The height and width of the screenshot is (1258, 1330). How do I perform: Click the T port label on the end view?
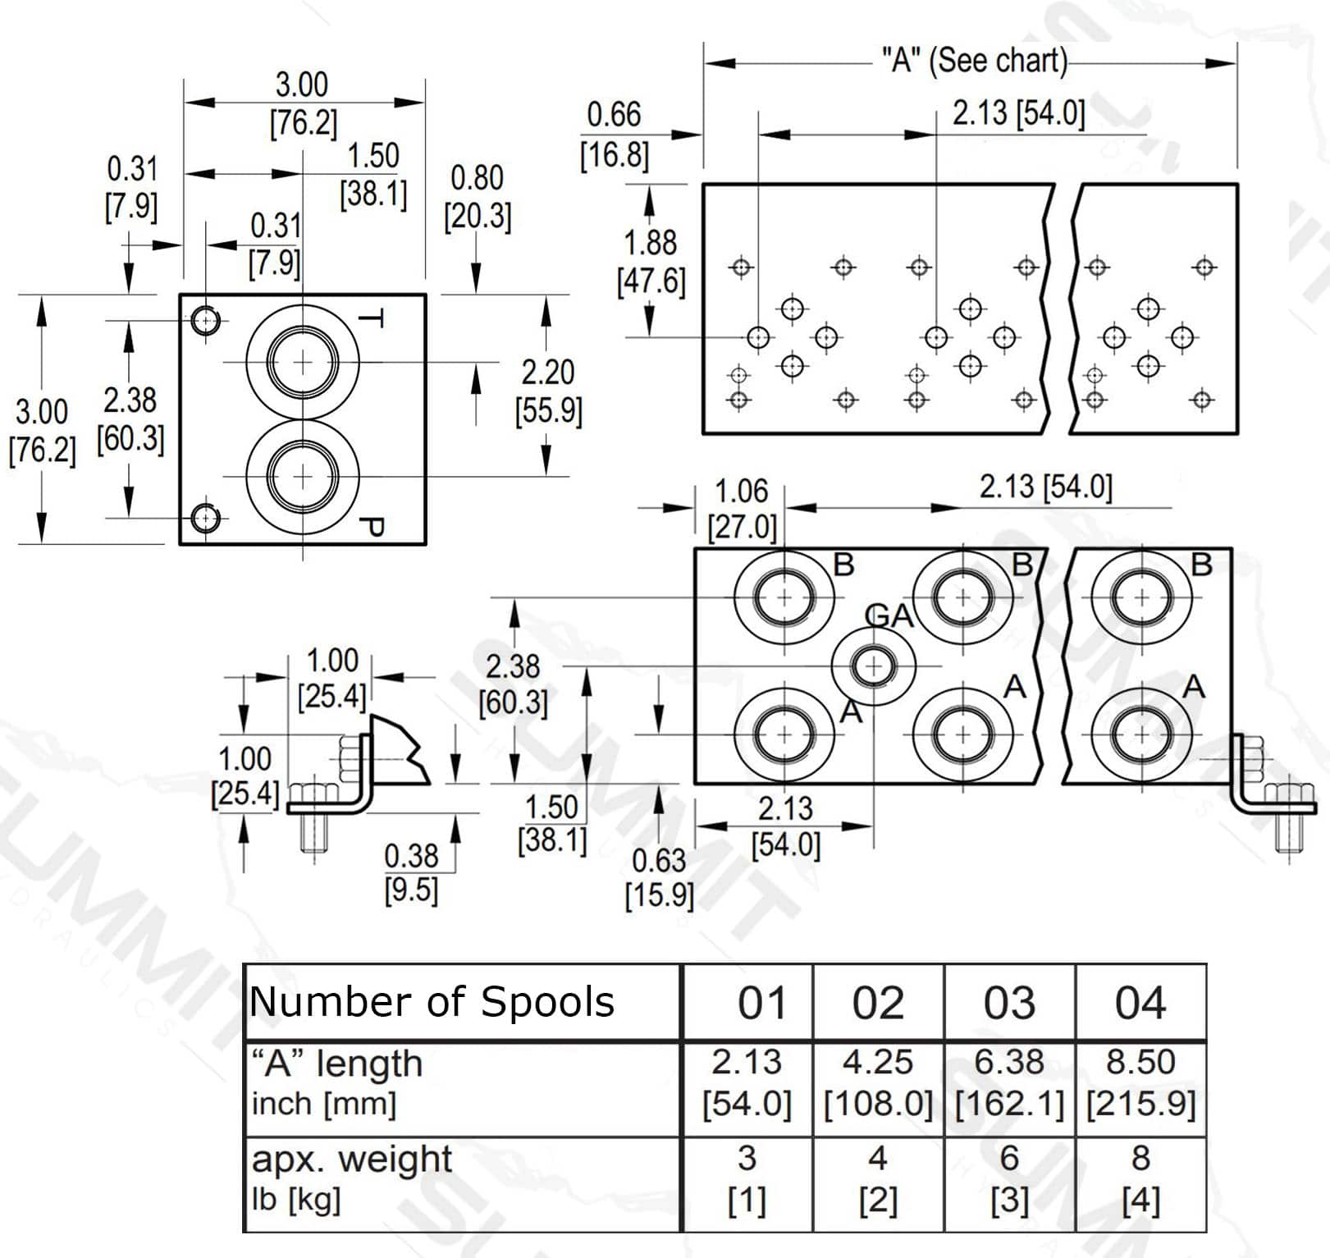(372, 319)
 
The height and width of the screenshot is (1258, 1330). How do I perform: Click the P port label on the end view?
(372, 527)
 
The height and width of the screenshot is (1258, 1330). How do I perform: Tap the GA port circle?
(873, 666)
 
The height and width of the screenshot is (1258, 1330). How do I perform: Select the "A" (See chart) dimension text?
(974, 61)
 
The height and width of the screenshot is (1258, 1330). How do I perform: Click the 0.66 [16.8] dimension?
(614, 135)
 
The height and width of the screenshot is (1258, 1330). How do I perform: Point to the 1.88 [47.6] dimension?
(651, 262)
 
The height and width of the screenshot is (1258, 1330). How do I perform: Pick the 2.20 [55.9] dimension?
(548, 391)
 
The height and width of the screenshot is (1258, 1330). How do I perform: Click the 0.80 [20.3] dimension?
(478, 197)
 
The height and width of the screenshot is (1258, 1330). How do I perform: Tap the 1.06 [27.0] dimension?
(742, 509)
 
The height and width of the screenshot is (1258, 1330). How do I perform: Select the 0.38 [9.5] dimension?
(411, 872)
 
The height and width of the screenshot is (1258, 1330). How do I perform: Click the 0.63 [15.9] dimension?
(659, 877)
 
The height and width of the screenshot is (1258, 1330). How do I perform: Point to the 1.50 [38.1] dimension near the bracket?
(552, 824)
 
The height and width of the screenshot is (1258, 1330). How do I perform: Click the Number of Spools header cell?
(432, 1002)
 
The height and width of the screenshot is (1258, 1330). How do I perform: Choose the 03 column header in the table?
(1009, 1003)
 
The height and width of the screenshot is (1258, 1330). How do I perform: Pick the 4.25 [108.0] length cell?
(878, 1082)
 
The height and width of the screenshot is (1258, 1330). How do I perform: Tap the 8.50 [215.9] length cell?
(1140, 1082)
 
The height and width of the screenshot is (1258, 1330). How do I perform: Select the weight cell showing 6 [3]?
(1009, 1178)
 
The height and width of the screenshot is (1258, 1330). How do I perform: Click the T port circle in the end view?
(303, 362)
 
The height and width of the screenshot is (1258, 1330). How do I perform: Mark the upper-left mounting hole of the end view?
(205, 319)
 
